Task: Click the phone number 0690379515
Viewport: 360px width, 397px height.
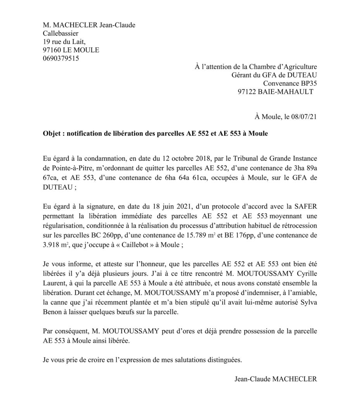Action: (61, 59)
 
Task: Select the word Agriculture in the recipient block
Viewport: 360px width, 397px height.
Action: (299, 66)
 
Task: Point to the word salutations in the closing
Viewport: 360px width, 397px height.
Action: (191, 359)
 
